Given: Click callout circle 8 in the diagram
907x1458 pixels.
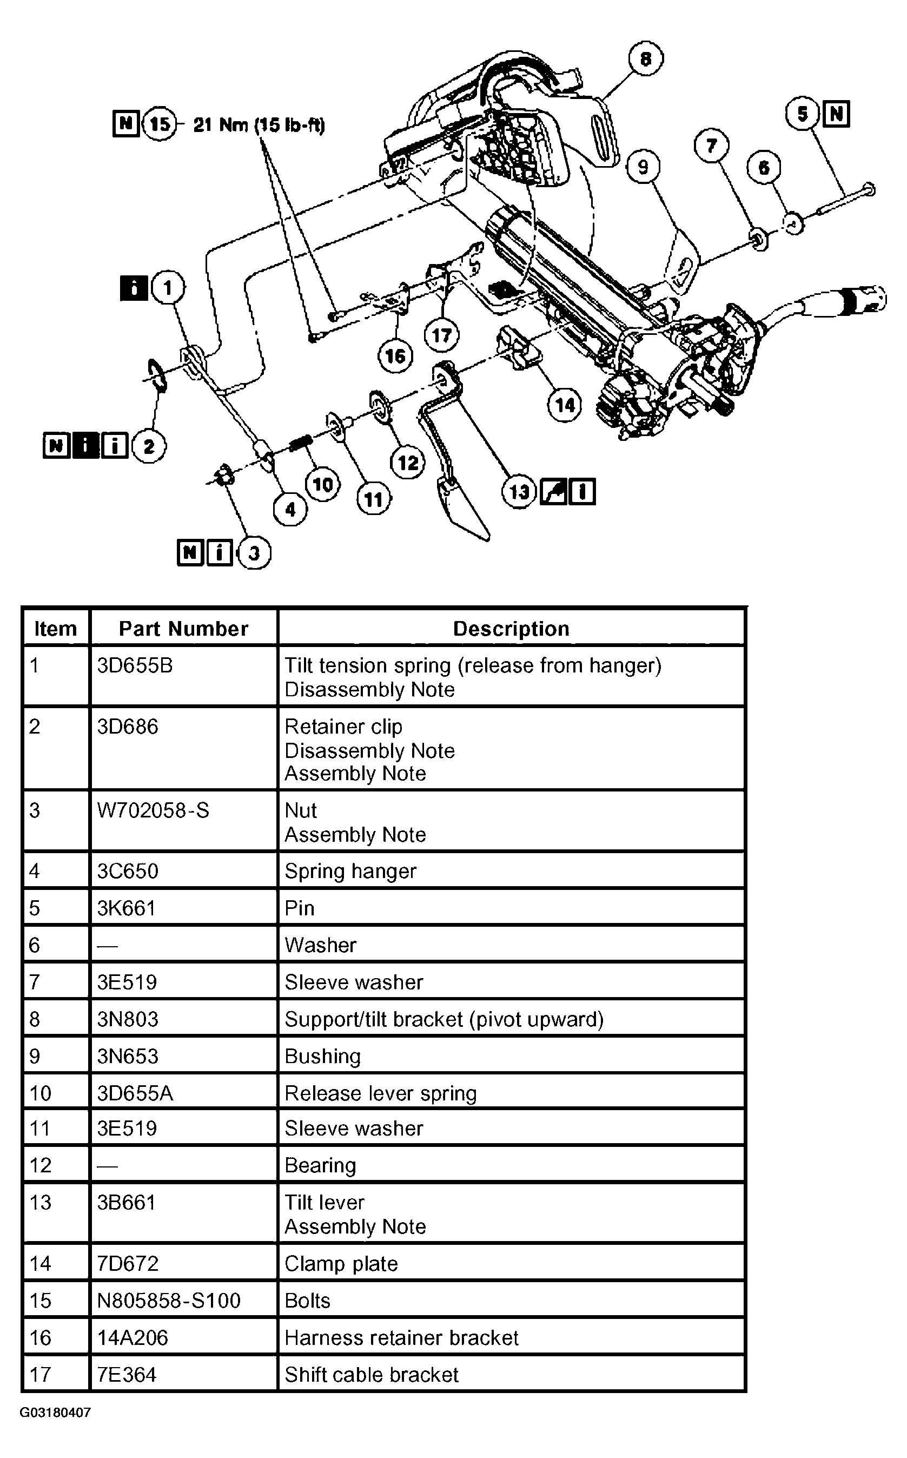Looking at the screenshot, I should (645, 59).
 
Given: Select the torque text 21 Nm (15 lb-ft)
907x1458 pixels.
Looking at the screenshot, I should (259, 125).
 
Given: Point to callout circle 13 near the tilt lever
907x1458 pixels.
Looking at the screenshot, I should (519, 492).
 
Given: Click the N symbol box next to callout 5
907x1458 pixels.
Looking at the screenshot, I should (837, 114).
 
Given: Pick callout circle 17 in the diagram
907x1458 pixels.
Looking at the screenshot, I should (441, 335).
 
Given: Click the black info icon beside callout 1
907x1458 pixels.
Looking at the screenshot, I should (134, 288).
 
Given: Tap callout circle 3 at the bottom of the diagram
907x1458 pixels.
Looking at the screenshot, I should (254, 552).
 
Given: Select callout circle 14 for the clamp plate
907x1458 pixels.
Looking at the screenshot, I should (565, 405).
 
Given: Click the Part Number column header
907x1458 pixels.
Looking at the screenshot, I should (183, 628).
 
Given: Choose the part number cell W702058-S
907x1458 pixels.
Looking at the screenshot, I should (153, 810).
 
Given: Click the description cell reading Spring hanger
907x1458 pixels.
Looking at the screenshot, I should (350, 871).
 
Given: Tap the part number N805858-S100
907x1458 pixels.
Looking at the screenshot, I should (169, 1301).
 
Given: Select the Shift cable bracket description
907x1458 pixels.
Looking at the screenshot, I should (372, 1375).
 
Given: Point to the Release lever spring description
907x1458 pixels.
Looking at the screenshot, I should (380, 1093).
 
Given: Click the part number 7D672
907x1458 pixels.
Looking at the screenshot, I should (128, 1264).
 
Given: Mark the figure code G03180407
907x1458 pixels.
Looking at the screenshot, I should (55, 1413).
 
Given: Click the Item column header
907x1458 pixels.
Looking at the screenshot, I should (55, 628).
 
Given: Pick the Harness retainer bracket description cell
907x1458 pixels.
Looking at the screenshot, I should (401, 1337).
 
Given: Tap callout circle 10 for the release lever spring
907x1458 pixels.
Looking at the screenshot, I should (323, 484).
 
